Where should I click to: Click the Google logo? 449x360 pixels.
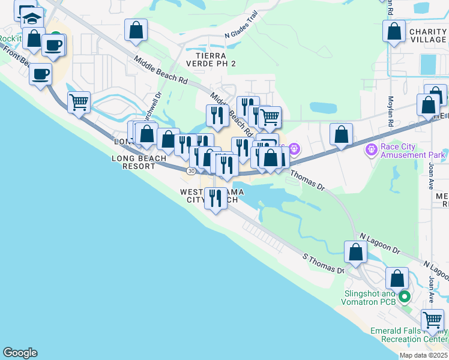[x=20, y=353]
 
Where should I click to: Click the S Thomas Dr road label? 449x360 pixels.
[x=322, y=264]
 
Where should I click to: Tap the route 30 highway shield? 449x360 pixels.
[x=191, y=171]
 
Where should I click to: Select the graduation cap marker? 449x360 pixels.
[x=32, y=19]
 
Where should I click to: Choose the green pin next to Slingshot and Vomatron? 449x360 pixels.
[x=405, y=296]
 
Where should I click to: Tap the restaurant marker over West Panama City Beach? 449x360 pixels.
[x=215, y=198]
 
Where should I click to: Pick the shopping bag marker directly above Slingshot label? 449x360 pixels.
[x=397, y=278]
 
